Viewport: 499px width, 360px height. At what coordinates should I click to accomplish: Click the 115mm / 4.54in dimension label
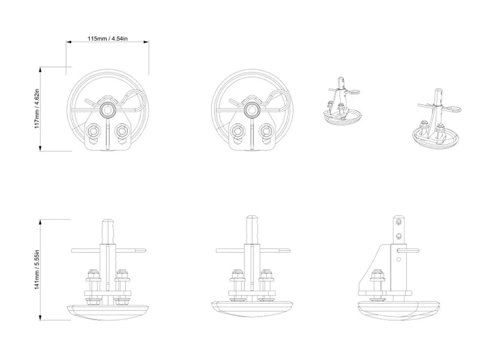108,39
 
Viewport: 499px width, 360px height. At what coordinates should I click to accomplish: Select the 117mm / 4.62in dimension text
37,109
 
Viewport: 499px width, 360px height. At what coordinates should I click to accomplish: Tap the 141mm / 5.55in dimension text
37,270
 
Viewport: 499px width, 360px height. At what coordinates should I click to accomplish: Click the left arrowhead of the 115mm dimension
68,42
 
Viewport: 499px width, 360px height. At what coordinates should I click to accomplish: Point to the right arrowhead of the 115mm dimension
147,42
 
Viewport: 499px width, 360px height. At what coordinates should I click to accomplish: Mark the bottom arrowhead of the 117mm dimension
41,148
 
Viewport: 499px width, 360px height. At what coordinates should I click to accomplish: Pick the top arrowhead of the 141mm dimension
41,221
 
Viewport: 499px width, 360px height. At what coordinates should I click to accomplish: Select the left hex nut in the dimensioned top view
93,131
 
